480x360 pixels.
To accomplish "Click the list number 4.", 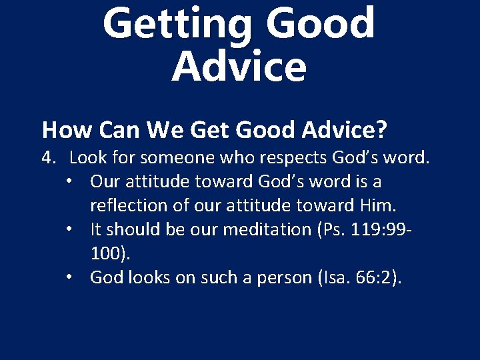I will pos(47,158).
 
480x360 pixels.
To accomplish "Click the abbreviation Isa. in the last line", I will pos(332,277).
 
